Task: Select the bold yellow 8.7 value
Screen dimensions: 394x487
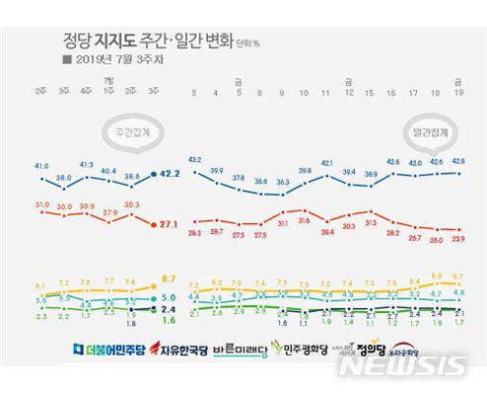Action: click(x=168, y=279)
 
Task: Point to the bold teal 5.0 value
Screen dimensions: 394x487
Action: click(x=168, y=296)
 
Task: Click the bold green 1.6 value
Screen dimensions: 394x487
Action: click(x=168, y=320)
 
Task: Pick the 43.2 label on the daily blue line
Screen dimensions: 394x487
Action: click(x=194, y=158)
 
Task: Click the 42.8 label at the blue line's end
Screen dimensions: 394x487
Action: click(x=457, y=161)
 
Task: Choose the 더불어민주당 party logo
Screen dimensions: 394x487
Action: click(x=107, y=349)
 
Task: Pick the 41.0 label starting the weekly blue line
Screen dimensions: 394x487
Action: click(x=40, y=166)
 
